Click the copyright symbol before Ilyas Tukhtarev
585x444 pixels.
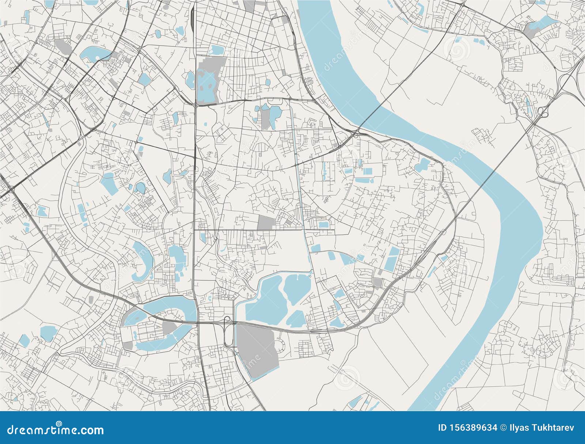[505, 428]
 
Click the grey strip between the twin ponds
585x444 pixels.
[264, 117]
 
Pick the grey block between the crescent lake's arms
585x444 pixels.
[169, 326]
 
